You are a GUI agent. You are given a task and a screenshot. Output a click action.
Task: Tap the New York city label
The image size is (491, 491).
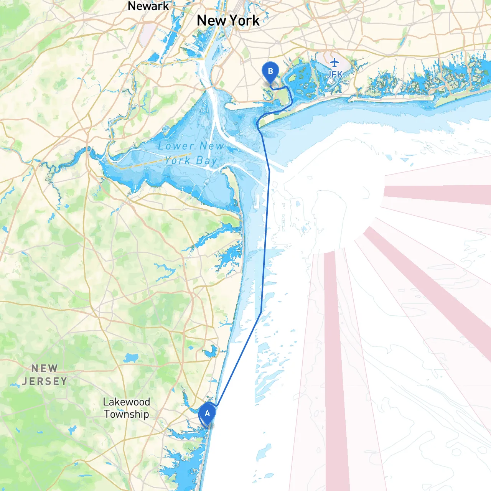coord(228,20)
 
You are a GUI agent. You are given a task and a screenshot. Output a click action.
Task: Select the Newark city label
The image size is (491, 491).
coord(148,6)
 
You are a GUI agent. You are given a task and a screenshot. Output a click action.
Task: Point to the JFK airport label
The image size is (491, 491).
coord(334,74)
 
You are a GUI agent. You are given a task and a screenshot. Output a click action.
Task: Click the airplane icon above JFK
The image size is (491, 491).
coord(335,62)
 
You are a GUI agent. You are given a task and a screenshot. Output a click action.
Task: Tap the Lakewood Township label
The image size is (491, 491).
coord(126,408)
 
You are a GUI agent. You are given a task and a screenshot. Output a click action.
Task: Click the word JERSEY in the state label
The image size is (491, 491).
coord(44,381)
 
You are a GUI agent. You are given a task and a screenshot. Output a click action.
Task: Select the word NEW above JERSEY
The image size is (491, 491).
coord(44,368)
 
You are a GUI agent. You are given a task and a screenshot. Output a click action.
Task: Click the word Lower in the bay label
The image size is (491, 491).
coord(176,146)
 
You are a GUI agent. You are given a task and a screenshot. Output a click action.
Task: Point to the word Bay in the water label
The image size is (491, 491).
coord(207,161)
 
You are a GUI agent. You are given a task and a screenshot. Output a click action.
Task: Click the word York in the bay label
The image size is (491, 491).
coord(178,160)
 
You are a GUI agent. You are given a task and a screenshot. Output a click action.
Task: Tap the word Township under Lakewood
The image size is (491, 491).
coord(126,414)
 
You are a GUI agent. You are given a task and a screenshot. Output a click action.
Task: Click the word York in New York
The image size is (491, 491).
coord(244,20)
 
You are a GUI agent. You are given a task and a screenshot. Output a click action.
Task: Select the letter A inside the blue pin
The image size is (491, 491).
coord(207,413)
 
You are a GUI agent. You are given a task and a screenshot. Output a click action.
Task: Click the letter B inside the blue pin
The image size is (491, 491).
coord(270,71)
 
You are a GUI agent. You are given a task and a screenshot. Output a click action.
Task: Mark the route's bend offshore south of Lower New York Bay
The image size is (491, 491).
coord(261,312)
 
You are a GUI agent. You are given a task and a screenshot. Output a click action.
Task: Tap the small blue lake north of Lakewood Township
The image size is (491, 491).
coord(131,358)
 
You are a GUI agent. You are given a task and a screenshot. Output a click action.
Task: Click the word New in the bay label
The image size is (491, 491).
coord(211,146)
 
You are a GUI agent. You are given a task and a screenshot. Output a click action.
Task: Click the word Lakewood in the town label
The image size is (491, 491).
coord(126,402)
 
